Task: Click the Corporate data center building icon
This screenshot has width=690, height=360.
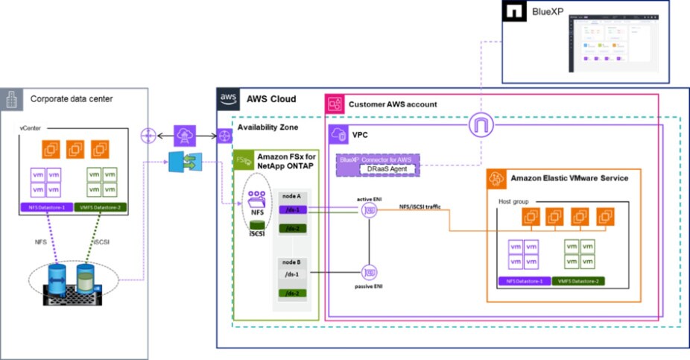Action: click(10, 98)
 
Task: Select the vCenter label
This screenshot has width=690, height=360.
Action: click(31, 130)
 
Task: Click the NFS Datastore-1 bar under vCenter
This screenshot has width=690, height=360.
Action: click(47, 207)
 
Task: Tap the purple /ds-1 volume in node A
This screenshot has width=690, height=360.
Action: click(292, 211)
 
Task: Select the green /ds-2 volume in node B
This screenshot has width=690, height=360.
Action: click(292, 294)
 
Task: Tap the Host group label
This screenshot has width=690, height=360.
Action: click(513, 202)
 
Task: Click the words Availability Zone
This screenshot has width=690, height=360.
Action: click(268, 127)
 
